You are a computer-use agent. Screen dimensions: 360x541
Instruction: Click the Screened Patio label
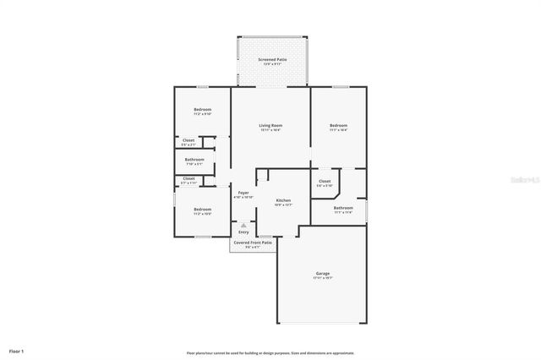coord(271,60)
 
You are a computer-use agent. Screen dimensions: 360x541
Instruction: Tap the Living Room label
coord(270,125)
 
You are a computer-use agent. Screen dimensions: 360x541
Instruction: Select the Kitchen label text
coord(283,200)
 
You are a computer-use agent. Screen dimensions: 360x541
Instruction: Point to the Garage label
coord(323,273)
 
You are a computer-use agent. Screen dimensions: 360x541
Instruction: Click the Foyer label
coord(243,193)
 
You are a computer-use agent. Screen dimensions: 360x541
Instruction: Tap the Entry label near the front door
coord(243,232)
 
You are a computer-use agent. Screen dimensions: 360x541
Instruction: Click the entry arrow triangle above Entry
coord(243,225)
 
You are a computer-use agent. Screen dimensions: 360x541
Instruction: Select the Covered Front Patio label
coord(253,243)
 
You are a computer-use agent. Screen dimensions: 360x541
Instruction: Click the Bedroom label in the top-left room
coord(202,109)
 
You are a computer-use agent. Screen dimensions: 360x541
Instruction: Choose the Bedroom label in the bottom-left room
coord(202,209)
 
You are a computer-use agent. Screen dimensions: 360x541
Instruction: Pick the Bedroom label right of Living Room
coord(338,125)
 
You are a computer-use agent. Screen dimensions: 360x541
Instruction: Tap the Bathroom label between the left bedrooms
coord(194,159)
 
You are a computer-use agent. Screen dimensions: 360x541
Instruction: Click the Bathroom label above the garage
coord(343,208)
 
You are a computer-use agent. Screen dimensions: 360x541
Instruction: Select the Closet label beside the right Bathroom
coord(325,182)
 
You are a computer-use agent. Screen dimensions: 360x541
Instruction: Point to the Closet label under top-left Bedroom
coord(189,140)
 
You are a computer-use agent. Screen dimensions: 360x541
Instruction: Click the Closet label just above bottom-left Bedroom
coord(189,178)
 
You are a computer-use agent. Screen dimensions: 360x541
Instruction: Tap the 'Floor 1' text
coord(17,350)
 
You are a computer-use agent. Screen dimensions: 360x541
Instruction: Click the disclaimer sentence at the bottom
coord(270,352)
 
